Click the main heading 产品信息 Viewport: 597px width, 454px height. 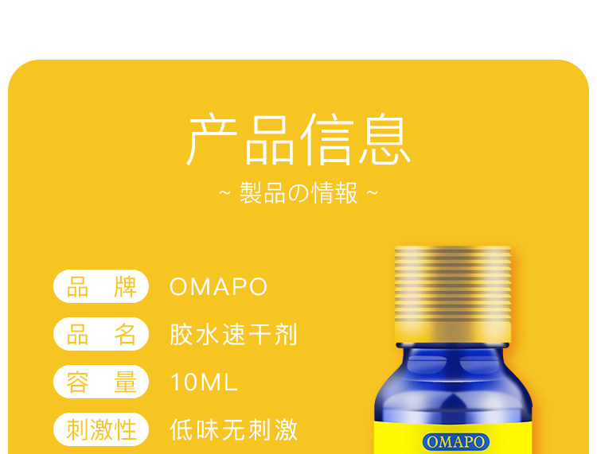click(298, 139)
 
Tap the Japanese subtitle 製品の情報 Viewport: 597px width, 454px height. click(298, 192)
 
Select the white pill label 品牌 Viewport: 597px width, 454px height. click(101, 286)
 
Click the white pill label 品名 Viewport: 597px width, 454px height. click(101, 334)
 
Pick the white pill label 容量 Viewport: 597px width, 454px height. click(101, 382)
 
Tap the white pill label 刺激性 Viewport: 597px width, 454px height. click(101, 429)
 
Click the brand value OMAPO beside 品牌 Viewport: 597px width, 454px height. click(219, 287)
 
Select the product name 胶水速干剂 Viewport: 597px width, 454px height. click(233, 335)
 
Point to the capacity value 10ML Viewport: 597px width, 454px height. click(204, 382)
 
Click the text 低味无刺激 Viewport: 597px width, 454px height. click(233, 430)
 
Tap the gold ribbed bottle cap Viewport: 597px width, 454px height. click(453, 294)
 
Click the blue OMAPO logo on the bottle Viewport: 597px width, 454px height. click(456, 442)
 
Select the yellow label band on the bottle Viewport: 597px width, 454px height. click(453, 437)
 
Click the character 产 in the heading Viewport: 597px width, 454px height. click(212, 139)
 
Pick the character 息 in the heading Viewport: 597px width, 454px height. click(385, 139)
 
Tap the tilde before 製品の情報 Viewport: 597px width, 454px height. click(225, 192)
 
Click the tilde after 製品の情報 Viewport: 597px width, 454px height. click(372, 192)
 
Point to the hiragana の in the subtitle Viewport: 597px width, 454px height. click(298, 193)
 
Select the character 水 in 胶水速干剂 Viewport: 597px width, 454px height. click(208, 335)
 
